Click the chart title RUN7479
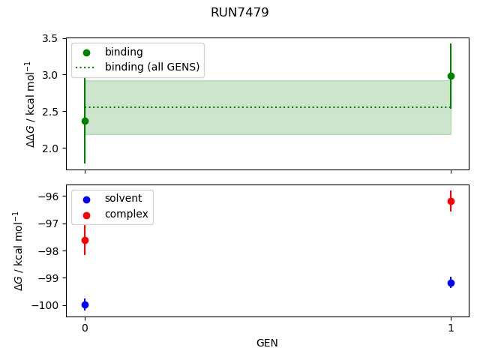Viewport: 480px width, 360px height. [240, 13]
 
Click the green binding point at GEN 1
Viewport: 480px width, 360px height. [451, 76]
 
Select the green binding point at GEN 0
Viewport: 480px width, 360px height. [84, 121]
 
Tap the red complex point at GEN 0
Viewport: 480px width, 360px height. [85, 240]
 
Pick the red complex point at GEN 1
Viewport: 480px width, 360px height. [451, 201]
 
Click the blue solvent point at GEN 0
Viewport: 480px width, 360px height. [85, 304]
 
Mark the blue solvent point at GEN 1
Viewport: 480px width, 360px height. [451, 283]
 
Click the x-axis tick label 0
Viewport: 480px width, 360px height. [85, 328]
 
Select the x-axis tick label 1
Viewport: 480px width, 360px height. [451, 328]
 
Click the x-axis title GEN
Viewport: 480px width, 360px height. [267, 343]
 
